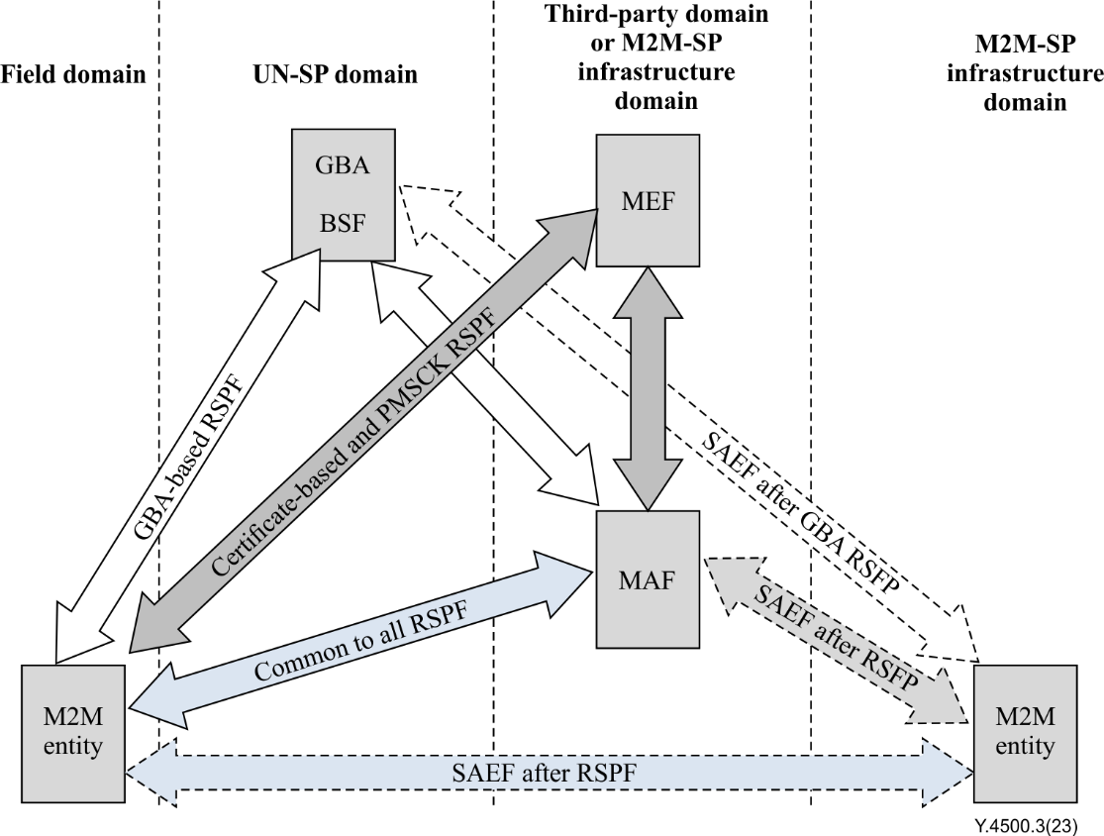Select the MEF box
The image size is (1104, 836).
click(x=648, y=200)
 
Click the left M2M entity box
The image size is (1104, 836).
click(x=74, y=733)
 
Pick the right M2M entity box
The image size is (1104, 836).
click(x=1025, y=733)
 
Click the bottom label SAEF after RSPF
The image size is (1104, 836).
click(x=551, y=772)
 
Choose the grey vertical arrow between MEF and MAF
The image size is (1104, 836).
click(x=649, y=389)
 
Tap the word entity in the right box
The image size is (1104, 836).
click(x=1025, y=746)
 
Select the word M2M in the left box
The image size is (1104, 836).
click(x=74, y=717)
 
